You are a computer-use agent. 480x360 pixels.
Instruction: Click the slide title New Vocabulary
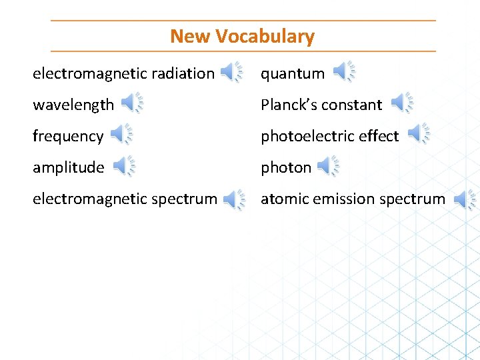242,36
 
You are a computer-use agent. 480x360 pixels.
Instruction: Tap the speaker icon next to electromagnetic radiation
231,71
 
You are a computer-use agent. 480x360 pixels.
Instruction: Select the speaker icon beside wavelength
131,103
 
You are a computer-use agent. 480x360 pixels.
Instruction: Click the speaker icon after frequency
121,134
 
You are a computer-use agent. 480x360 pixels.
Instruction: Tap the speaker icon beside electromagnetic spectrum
233,199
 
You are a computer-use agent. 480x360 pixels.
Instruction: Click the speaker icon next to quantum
343,71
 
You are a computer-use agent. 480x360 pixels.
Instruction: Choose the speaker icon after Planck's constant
401,103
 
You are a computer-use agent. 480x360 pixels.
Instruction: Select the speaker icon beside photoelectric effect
418,134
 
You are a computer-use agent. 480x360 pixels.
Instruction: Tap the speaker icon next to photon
327,165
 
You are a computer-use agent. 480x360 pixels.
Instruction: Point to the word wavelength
73,105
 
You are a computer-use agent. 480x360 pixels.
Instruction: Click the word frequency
68,137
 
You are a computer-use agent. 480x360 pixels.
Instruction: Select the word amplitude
69,168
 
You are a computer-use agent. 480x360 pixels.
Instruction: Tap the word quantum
293,74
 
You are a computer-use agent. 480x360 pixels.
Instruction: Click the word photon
286,168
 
